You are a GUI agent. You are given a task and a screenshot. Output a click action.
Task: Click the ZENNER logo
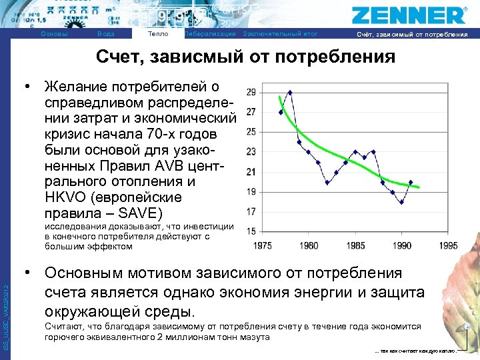point(409,15)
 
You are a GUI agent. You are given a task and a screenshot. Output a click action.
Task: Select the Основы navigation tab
point(54,34)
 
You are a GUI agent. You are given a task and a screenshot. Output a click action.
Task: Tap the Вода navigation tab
point(105,34)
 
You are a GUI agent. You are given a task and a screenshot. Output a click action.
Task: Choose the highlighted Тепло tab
point(158,33)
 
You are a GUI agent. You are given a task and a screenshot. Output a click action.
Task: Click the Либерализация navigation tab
point(210,34)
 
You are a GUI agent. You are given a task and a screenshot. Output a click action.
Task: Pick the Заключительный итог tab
point(281,34)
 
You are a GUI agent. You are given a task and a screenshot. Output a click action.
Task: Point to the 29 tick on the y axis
point(251,92)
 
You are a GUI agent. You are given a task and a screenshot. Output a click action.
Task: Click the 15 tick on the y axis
point(251,231)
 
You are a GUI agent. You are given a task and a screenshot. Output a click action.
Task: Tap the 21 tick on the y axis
point(251,171)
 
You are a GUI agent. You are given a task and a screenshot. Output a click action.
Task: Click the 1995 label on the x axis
point(448,245)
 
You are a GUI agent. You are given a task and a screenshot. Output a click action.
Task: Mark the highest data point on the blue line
point(290,92)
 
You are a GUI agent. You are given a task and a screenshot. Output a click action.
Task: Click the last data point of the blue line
point(411,182)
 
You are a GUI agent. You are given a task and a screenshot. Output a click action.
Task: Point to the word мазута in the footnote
point(257,337)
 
